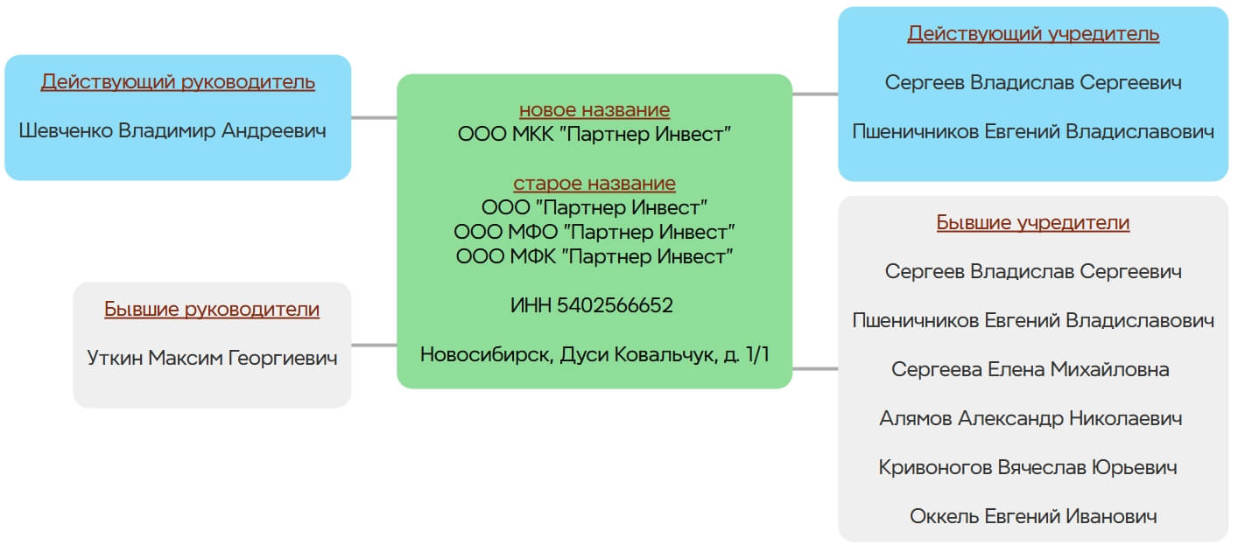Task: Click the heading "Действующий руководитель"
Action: (178, 82)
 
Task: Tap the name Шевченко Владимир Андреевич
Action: (172, 131)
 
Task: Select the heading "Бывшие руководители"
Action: (212, 309)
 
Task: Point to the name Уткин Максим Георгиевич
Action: (212, 358)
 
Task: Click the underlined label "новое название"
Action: (594, 109)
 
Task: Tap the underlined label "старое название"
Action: (594, 183)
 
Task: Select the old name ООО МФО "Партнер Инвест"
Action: (594, 232)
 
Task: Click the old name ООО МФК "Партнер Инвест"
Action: (594, 256)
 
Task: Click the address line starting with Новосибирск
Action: (594, 354)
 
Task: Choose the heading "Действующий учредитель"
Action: (1033, 33)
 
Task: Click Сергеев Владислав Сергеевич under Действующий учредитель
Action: (1033, 82)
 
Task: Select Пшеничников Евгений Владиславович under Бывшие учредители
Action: (1033, 320)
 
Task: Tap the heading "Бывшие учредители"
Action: (1033, 222)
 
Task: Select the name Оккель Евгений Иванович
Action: (1033, 516)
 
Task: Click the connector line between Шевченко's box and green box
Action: (374, 117)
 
